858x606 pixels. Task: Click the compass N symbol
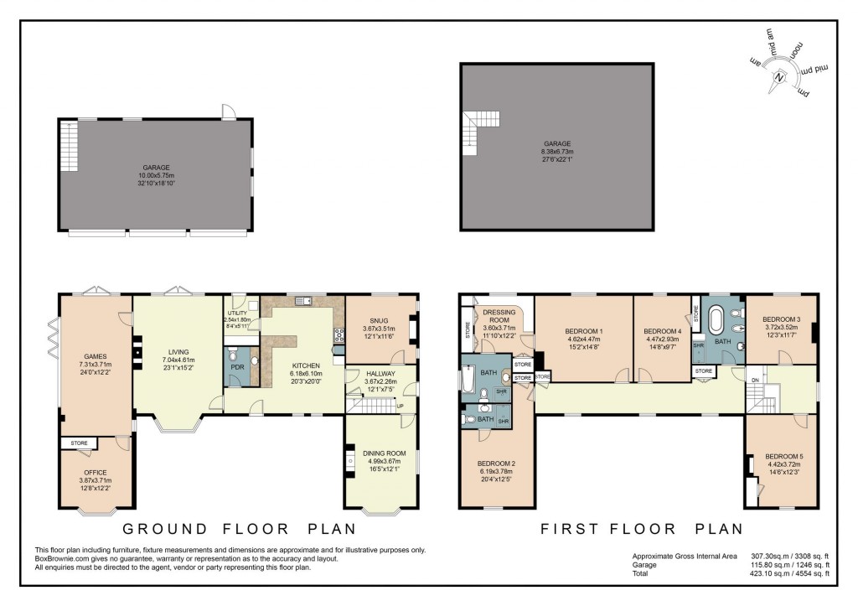tap(780, 76)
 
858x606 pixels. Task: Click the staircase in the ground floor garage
tap(69, 147)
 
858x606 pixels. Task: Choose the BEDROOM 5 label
tap(784, 457)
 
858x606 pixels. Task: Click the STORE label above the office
tap(80, 443)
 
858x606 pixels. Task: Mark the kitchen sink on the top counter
tap(303, 299)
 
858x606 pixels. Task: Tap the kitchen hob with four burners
tap(339, 335)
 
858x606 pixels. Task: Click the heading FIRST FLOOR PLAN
tap(642, 529)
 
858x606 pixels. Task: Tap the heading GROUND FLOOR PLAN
tap(240, 529)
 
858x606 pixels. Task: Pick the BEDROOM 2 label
tap(497, 464)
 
